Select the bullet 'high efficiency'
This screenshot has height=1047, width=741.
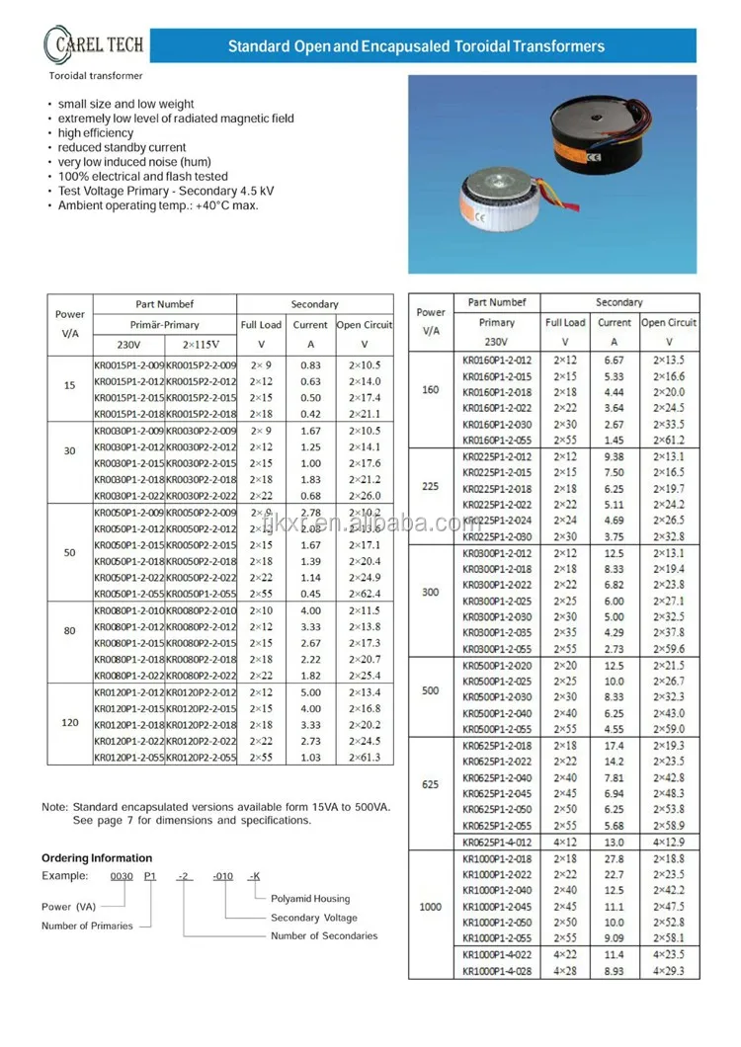click(x=95, y=132)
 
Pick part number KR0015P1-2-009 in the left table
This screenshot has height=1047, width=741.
click(x=128, y=365)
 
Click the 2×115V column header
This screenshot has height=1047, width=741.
click(x=201, y=345)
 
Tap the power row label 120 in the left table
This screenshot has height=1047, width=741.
click(x=69, y=723)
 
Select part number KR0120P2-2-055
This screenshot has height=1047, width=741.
click(x=201, y=758)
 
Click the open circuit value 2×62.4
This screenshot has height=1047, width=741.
click(x=365, y=594)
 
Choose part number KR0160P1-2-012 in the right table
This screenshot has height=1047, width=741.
click(x=497, y=361)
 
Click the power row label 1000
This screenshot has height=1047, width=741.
click(x=431, y=907)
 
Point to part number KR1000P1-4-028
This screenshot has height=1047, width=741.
click(x=497, y=971)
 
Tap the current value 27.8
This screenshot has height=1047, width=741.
click(x=614, y=859)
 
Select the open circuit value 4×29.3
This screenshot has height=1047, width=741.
click(x=669, y=971)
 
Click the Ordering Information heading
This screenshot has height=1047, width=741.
click(x=97, y=858)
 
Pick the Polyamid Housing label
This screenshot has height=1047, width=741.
click(x=310, y=899)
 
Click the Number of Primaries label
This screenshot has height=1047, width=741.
click(x=87, y=926)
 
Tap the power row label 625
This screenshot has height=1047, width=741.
click(x=431, y=786)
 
